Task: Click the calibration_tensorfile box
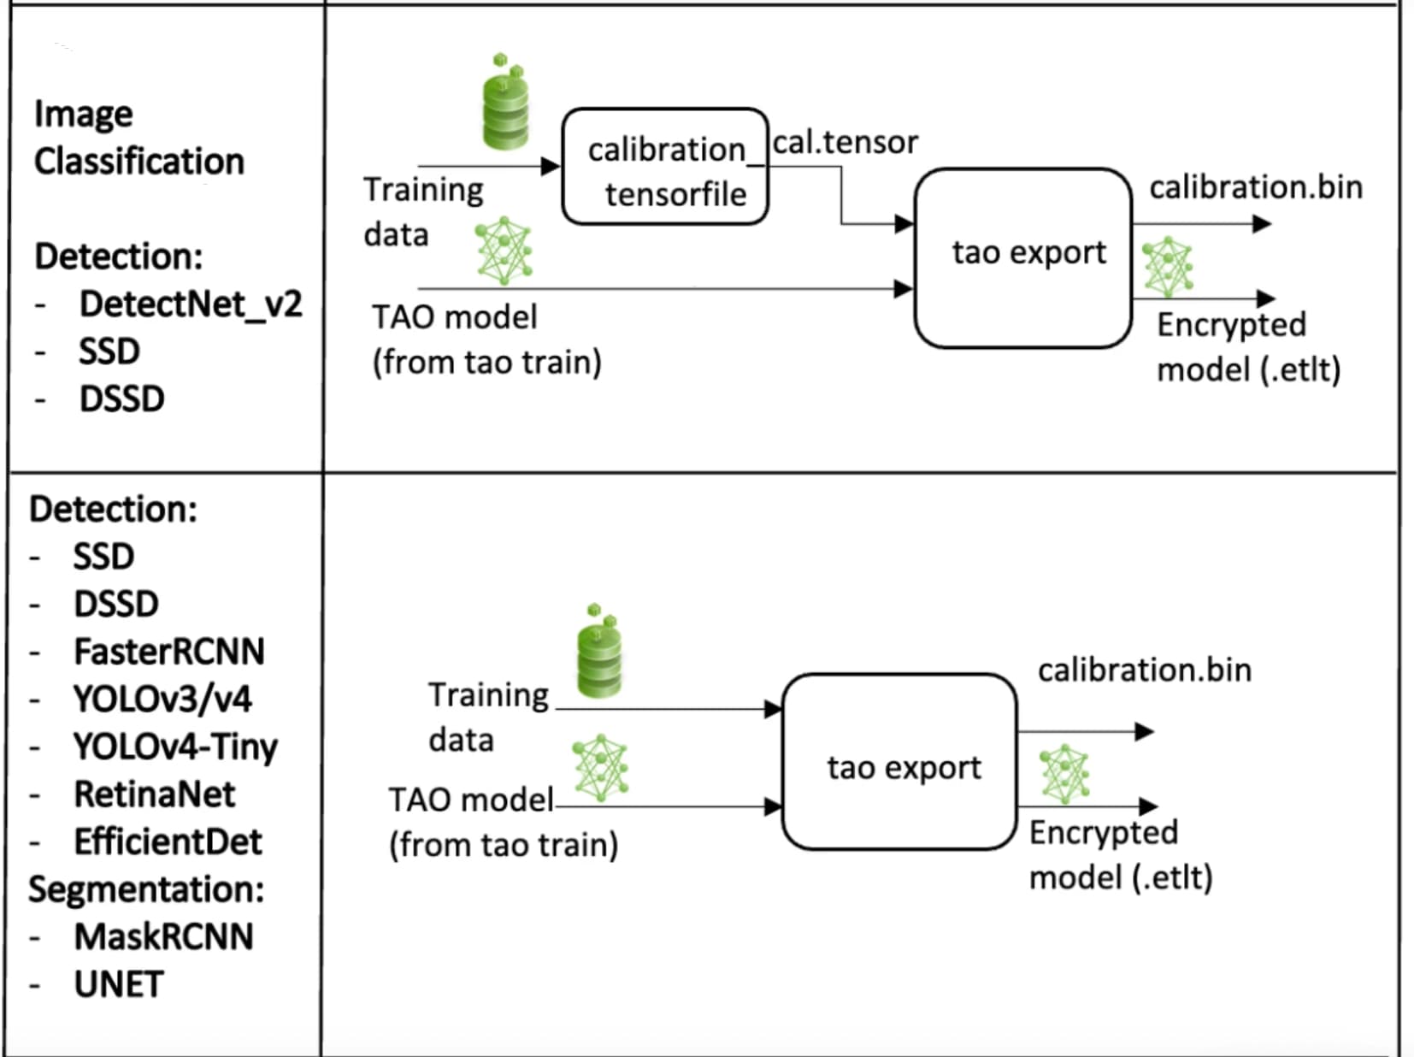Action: (x=665, y=168)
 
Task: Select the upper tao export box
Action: (x=1023, y=257)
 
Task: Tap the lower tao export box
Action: (x=900, y=762)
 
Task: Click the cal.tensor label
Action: (x=845, y=142)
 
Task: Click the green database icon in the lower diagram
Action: (x=599, y=652)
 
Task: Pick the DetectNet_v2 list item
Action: (x=190, y=304)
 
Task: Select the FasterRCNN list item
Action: (x=168, y=652)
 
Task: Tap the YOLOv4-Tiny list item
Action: (x=175, y=747)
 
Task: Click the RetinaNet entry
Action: (x=154, y=794)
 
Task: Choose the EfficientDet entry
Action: (x=168, y=841)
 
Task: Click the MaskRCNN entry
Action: (x=163, y=937)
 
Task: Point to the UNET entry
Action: (x=118, y=984)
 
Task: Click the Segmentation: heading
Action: (x=146, y=889)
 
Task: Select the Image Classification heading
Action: (x=138, y=138)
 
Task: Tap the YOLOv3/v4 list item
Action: (x=162, y=700)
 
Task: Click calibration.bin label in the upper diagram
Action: (x=1255, y=188)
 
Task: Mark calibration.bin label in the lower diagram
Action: (x=1144, y=670)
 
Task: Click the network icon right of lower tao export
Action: (x=1064, y=773)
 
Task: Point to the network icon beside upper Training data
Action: (x=504, y=251)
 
